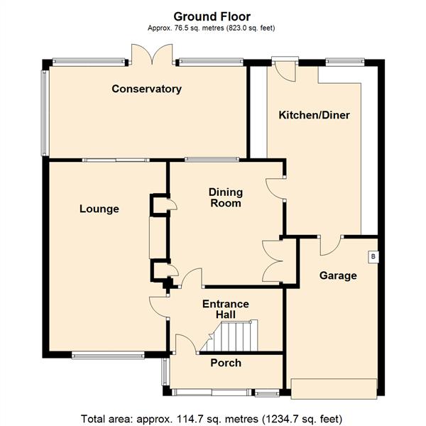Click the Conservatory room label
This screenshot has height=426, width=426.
[x=147, y=89]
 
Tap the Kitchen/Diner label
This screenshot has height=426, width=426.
[x=314, y=115]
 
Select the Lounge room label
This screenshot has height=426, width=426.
[x=99, y=209]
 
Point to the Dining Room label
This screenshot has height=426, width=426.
[x=225, y=197]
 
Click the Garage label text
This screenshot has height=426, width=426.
[x=337, y=275]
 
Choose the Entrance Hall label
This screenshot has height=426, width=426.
[x=226, y=309]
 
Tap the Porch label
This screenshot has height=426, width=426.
[x=226, y=363]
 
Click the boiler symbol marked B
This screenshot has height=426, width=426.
[x=372, y=256]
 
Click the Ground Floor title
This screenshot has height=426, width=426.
[x=212, y=16]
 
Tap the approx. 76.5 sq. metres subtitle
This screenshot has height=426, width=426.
[x=212, y=28]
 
